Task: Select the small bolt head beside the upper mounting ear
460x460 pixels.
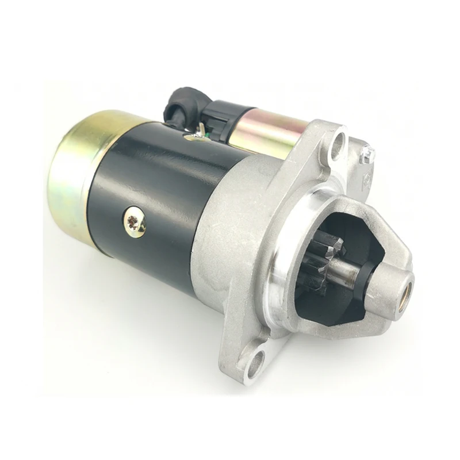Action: click(367, 154)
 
